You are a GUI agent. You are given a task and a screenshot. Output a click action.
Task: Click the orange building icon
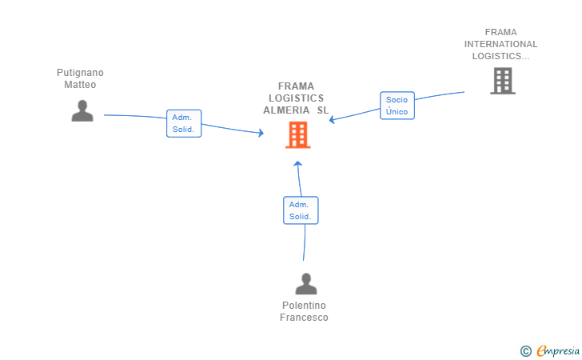coord(297,135)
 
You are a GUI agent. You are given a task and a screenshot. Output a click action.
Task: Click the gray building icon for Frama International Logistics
coord(503,81)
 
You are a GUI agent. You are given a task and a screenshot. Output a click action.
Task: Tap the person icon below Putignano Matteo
coord(82,110)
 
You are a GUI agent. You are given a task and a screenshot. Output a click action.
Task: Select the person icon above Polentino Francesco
coord(306,284)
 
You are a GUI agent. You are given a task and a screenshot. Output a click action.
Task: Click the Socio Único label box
coord(397,106)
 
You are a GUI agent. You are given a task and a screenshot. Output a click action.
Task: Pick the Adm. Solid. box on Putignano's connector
coord(184,123)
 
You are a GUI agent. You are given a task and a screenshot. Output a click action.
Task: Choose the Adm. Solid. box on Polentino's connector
coord(301,210)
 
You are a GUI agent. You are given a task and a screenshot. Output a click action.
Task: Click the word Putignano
coord(80,73)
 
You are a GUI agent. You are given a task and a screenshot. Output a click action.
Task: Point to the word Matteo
coord(80,85)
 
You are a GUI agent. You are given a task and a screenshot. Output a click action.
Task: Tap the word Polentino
coord(304,306)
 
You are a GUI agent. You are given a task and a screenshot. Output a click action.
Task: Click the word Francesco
coord(304,318)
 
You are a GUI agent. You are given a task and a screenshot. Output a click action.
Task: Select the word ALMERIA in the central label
coord(286,110)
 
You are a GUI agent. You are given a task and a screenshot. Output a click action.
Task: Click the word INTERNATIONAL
coord(500,44)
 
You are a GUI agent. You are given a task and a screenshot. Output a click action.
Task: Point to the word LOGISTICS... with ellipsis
coord(500,56)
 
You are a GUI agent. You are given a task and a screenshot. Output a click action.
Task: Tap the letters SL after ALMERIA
coord(323,110)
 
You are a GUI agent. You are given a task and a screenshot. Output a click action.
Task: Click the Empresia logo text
coord(558,351)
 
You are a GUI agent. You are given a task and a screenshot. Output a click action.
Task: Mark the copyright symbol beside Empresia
coord(525,351)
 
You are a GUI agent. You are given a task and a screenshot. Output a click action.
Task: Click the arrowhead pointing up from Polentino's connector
coord(297,163)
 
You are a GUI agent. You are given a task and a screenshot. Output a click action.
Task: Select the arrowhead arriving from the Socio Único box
coord(332,119)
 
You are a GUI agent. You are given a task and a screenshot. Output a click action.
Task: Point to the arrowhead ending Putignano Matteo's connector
coord(261,133)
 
